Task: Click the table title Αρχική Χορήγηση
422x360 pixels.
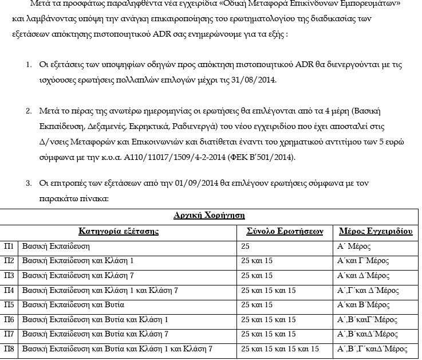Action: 209,216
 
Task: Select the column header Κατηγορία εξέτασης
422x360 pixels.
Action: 118,231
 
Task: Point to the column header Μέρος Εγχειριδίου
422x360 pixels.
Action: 376,231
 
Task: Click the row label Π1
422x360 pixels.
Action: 9,246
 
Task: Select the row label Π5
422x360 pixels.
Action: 9,304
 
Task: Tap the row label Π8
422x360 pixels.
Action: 9,348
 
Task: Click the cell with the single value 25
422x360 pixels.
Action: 246,246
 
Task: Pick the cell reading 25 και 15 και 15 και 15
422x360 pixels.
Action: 281,348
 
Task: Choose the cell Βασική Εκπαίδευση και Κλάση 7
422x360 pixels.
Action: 77,275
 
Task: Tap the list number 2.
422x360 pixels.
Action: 29,109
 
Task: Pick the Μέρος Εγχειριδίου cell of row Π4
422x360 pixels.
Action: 369,290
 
